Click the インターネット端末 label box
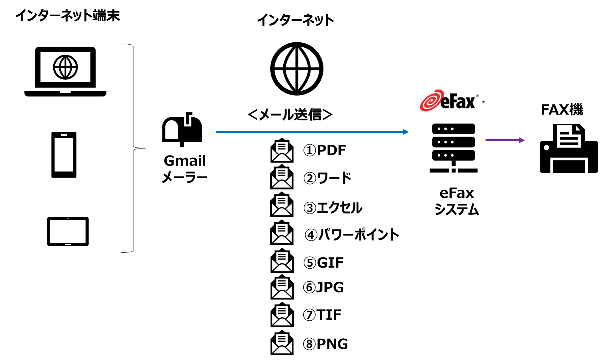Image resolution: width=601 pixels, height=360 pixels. (x=68, y=15)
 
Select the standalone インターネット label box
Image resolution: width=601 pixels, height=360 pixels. (x=295, y=20)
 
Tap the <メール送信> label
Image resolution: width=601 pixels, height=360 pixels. (x=290, y=114)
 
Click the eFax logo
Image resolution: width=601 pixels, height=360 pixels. (x=449, y=100)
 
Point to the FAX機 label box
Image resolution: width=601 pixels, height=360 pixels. (x=561, y=109)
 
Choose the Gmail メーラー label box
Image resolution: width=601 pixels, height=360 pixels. (x=185, y=168)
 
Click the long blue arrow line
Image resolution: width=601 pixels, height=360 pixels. (x=309, y=132)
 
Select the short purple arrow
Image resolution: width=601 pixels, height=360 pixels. (x=502, y=140)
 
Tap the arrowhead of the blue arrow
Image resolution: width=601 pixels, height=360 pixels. (x=406, y=132)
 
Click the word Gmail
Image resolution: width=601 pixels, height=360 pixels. (x=185, y=161)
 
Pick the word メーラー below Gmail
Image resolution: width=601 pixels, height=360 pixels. (x=185, y=177)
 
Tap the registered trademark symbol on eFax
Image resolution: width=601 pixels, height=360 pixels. (x=477, y=96)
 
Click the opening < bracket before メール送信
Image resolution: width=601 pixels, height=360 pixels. (x=253, y=115)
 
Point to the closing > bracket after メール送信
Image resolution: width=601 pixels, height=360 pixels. (x=327, y=115)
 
